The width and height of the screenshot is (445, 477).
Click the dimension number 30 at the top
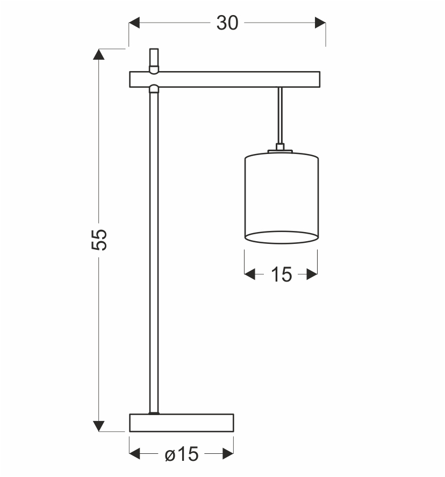tap(227, 23)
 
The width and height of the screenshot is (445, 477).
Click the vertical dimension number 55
tap(100, 238)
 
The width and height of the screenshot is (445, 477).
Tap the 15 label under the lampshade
tap(281, 275)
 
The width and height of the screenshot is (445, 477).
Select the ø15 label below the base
tap(181, 455)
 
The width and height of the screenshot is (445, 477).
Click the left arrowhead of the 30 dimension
tap(134, 23)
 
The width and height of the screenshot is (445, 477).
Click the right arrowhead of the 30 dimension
tap(320, 23)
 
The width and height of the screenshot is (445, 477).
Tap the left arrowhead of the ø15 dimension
tap(135, 455)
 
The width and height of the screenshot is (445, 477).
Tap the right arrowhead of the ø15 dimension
tap(228, 455)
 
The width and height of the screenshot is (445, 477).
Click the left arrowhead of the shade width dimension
tap(249, 275)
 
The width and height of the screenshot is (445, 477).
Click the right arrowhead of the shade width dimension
tap(312, 275)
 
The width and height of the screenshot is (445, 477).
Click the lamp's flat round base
tap(182, 423)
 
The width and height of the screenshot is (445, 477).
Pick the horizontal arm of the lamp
tap(225, 79)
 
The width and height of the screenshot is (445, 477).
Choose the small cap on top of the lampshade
tap(279, 148)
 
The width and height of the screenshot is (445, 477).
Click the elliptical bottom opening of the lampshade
tap(281, 237)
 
